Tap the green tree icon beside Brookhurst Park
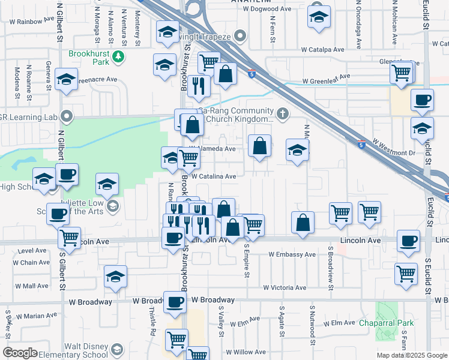click(x=119, y=56)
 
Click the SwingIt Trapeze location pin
click(x=240, y=36)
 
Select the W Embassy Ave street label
click(x=292, y=255)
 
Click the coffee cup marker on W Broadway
click(x=175, y=303)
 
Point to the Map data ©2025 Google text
click(x=412, y=355)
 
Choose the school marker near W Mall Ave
click(x=115, y=277)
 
